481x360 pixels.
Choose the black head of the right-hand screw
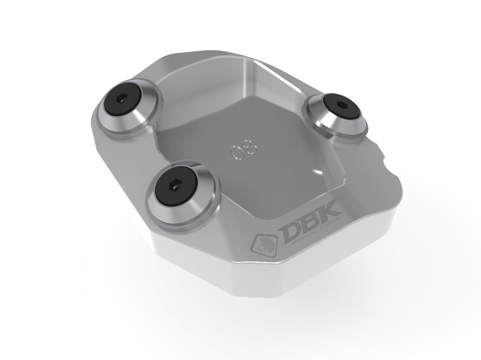pyautogui.click(x=335, y=110)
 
